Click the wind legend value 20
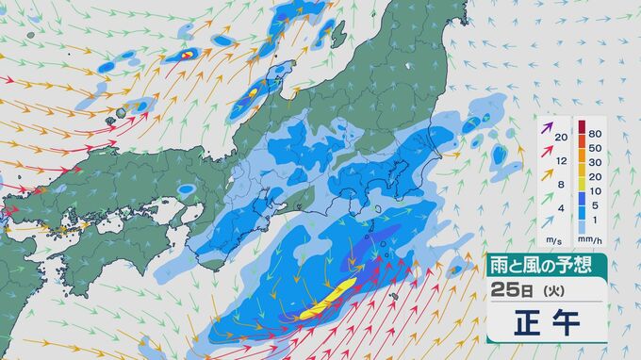(x=561, y=138)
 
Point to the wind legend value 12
(x=561, y=161)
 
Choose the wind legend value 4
(x=561, y=208)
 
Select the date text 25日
(x=510, y=288)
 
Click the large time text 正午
(x=546, y=321)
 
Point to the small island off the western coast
(x=121, y=111)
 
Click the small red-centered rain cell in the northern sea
(x=187, y=55)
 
